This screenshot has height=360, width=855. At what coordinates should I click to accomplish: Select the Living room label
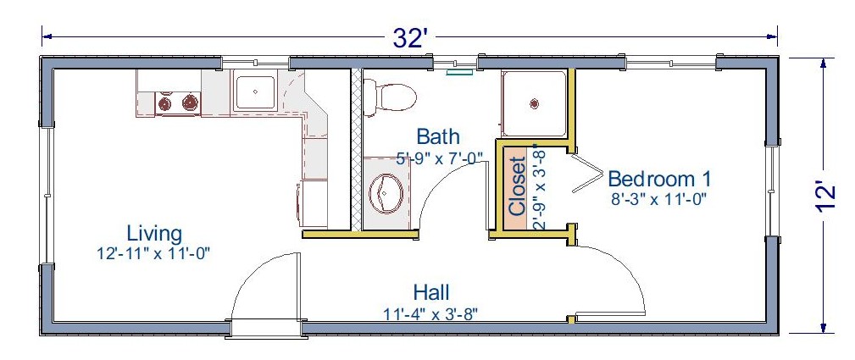154,234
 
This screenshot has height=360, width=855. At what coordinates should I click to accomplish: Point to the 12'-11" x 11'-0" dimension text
153,253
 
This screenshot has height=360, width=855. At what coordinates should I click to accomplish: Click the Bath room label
438,136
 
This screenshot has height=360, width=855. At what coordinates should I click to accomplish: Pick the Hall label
431,292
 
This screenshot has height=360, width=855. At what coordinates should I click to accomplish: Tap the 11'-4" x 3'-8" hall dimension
431,313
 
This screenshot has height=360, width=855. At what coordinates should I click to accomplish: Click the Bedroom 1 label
659,179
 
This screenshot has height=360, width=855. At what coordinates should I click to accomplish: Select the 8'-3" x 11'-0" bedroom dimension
659,199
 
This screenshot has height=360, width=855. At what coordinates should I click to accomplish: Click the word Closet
516,186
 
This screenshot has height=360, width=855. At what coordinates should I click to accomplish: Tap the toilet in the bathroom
388,97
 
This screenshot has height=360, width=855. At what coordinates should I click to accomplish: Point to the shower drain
534,102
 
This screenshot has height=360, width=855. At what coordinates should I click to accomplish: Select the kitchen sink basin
255,92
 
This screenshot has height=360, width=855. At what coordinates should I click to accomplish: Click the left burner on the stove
164,102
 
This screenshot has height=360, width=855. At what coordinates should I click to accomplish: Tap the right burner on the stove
190,102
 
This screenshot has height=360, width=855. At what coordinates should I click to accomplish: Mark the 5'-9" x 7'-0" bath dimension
440,159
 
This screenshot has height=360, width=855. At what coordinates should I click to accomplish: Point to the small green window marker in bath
458,71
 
